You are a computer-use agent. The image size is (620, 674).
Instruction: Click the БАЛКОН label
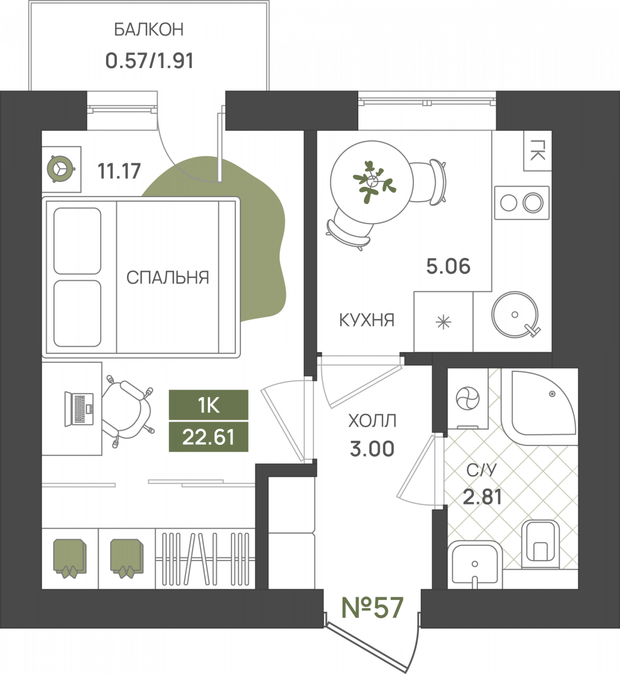[149, 30]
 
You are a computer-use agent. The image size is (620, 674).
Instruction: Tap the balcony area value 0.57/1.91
[149, 61]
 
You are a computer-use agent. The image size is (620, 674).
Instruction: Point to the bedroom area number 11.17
[119, 171]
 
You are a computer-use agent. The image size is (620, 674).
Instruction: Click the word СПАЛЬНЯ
[168, 277]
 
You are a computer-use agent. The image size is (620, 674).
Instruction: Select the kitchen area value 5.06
[448, 266]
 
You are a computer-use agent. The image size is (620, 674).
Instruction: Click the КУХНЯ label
[367, 320]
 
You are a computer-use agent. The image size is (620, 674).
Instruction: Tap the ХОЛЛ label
[372, 421]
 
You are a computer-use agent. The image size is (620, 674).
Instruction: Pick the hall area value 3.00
[372, 449]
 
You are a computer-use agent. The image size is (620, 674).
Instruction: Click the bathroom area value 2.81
[482, 497]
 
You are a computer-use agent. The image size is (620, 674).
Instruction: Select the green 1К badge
[209, 405]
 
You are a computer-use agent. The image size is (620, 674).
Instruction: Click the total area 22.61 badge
[209, 437]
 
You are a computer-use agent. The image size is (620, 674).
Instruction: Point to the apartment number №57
[372, 608]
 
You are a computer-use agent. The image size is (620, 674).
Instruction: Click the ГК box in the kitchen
[537, 151]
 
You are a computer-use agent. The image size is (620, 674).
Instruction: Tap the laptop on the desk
[79, 409]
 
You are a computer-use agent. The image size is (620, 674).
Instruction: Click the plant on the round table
[373, 181]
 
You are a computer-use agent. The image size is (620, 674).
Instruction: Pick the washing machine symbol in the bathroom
[467, 399]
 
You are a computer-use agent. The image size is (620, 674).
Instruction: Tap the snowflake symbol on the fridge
[444, 323]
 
